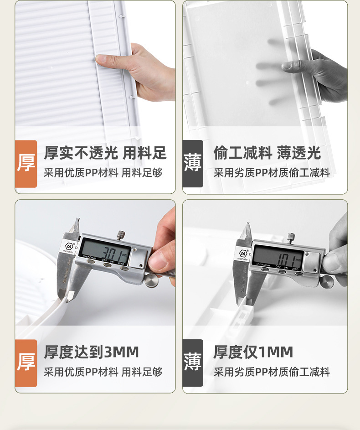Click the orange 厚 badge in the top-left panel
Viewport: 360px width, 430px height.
(x=26, y=164)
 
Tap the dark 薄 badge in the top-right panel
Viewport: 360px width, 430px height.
(x=193, y=164)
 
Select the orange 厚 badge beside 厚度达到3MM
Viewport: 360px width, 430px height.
(x=26, y=363)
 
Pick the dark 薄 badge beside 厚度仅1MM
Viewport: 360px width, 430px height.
(x=193, y=363)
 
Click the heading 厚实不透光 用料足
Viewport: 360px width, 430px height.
(x=105, y=153)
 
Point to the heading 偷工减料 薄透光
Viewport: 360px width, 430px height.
(x=267, y=153)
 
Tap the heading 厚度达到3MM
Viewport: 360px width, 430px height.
(x=91, y=352)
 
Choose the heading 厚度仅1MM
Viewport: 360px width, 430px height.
(x=253, y=352)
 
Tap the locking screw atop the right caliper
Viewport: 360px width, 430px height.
(x=291, y=237)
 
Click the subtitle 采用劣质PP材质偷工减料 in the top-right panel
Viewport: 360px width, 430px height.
(x=272, y=173)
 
